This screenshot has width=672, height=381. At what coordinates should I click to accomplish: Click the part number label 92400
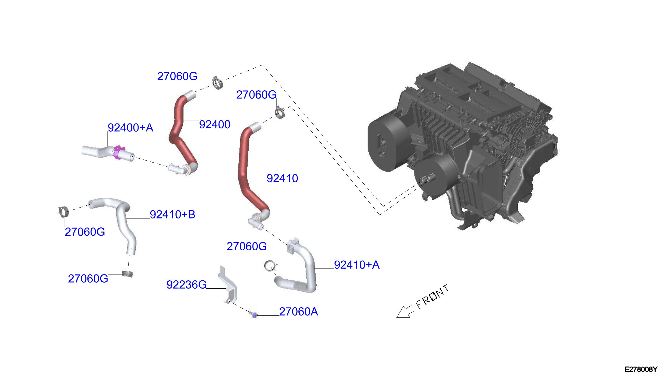215,125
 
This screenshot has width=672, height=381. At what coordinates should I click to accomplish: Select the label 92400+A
130,128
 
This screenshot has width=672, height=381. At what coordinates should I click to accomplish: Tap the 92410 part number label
282,178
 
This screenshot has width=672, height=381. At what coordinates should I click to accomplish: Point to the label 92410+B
172,215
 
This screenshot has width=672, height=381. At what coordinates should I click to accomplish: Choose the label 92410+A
357,265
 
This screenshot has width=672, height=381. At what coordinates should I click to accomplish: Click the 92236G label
187,285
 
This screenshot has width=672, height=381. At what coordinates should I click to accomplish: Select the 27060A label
298,312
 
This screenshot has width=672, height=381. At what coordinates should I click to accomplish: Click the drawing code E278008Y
641,369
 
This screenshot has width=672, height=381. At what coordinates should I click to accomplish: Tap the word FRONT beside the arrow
433,297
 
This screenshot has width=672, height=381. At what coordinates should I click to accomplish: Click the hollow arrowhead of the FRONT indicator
403,312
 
